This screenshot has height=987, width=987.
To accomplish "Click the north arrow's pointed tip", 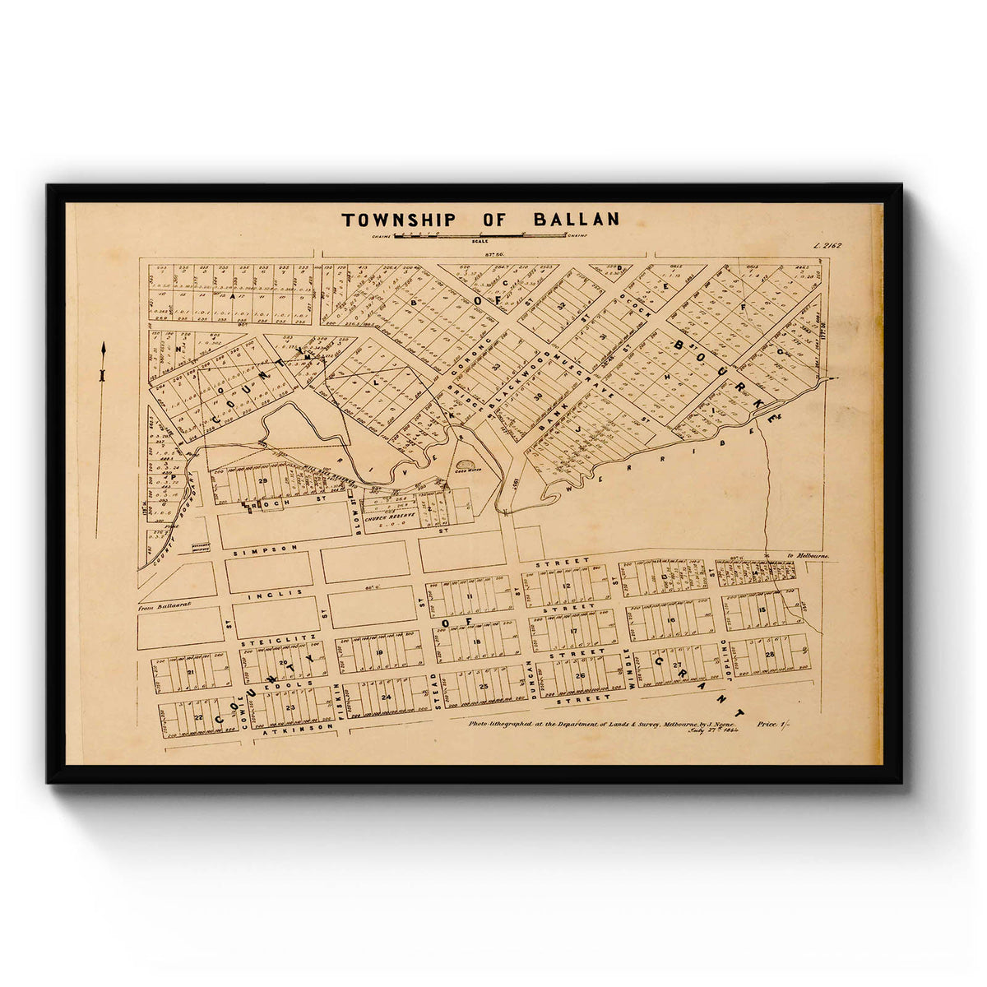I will coord(103,345).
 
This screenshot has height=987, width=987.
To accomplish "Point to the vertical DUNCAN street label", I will coord(533,679).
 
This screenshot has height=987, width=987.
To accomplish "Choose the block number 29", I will coord(263,480).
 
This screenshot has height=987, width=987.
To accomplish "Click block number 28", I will coord(770,654).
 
